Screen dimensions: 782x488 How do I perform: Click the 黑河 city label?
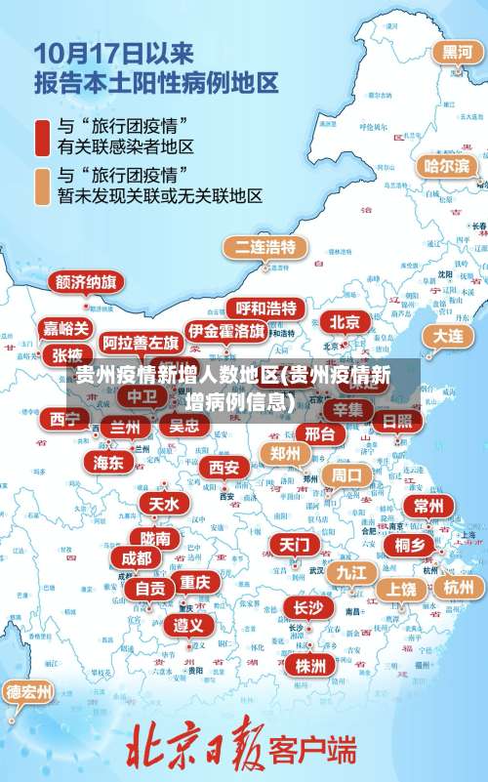457,52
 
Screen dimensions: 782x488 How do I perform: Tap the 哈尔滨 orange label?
446,166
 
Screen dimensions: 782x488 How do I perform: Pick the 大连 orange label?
448,335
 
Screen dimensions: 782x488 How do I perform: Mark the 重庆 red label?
195,582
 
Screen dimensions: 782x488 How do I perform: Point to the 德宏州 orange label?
29,693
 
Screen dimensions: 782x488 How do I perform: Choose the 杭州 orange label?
458,587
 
